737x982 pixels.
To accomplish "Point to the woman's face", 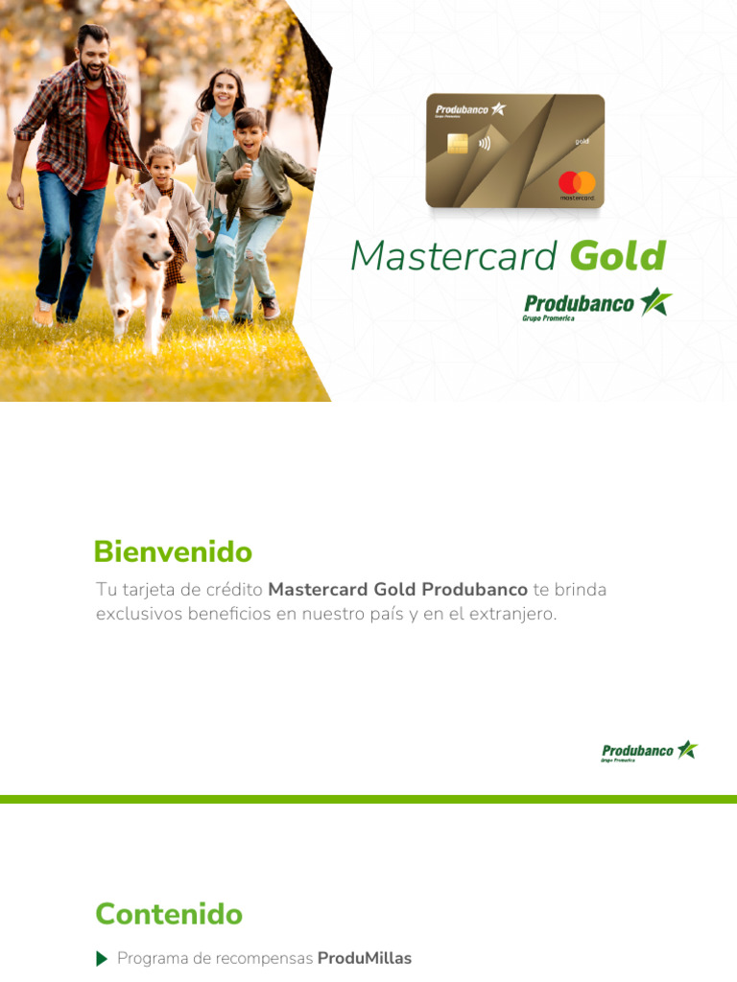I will coord(223,91).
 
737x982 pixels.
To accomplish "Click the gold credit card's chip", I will coord(457,144).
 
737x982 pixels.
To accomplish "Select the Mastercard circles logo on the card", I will coord(577,181).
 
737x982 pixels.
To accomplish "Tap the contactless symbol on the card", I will coord(484,145).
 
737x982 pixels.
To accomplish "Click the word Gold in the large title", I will coord(617,256).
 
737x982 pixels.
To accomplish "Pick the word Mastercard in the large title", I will coord(453,256).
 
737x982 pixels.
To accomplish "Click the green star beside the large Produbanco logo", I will coord(656,302).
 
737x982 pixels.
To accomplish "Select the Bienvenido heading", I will coord(173,552).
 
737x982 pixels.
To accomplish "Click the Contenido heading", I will coord(169,914).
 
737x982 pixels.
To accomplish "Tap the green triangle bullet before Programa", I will coord(102,959).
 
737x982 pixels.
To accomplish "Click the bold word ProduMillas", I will coord(364,959).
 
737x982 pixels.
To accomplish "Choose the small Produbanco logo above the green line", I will coord(649,751).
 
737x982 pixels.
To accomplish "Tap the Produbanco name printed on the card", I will coord(463,109).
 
